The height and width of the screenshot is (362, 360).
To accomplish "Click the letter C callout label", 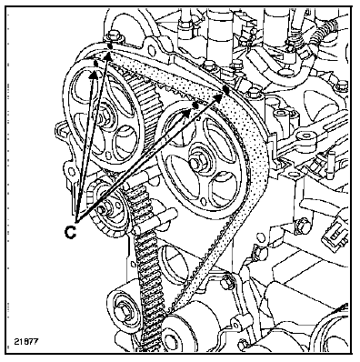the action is [70, 232].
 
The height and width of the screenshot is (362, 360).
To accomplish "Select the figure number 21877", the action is [26, 341].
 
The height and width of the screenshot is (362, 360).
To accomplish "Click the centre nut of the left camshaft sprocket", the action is [105, 116].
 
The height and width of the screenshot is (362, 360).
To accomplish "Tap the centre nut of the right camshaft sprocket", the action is [195, 164].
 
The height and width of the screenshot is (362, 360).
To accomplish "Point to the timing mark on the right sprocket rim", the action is [195, 105].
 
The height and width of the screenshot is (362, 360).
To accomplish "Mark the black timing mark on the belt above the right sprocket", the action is [225, 88].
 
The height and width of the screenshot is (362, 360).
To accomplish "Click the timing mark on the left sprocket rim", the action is [95, 64].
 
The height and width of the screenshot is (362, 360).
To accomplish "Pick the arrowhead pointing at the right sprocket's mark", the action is [187, 113].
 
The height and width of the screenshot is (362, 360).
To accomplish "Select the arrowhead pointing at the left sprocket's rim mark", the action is [94, 75].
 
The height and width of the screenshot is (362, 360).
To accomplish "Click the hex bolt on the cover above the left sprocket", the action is [114, 36].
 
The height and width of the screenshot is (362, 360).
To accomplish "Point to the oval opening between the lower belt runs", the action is [171, 261].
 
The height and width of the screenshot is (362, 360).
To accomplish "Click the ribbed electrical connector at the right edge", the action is [335, 233].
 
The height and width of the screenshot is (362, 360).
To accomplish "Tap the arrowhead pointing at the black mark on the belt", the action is [218, 96].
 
